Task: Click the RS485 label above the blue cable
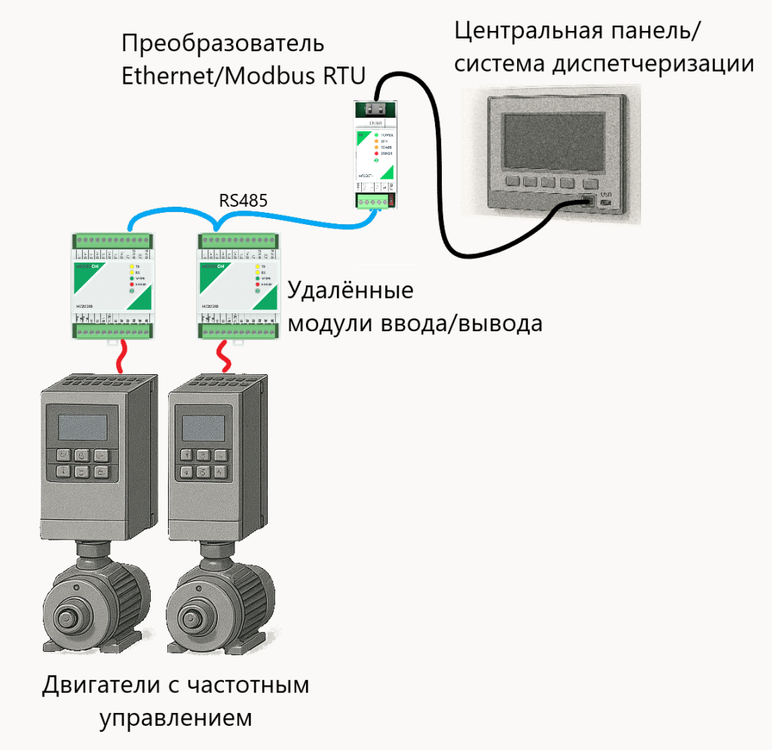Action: (x=243, y=201)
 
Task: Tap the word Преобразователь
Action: (x=222, y=43)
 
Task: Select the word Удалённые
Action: (x=351, y=292)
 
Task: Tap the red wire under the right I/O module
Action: (x=223, y=352)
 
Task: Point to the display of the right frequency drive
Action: (x=202, y=429)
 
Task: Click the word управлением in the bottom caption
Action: (x=176, y=718)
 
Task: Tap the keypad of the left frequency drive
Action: (x=81, y=464)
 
